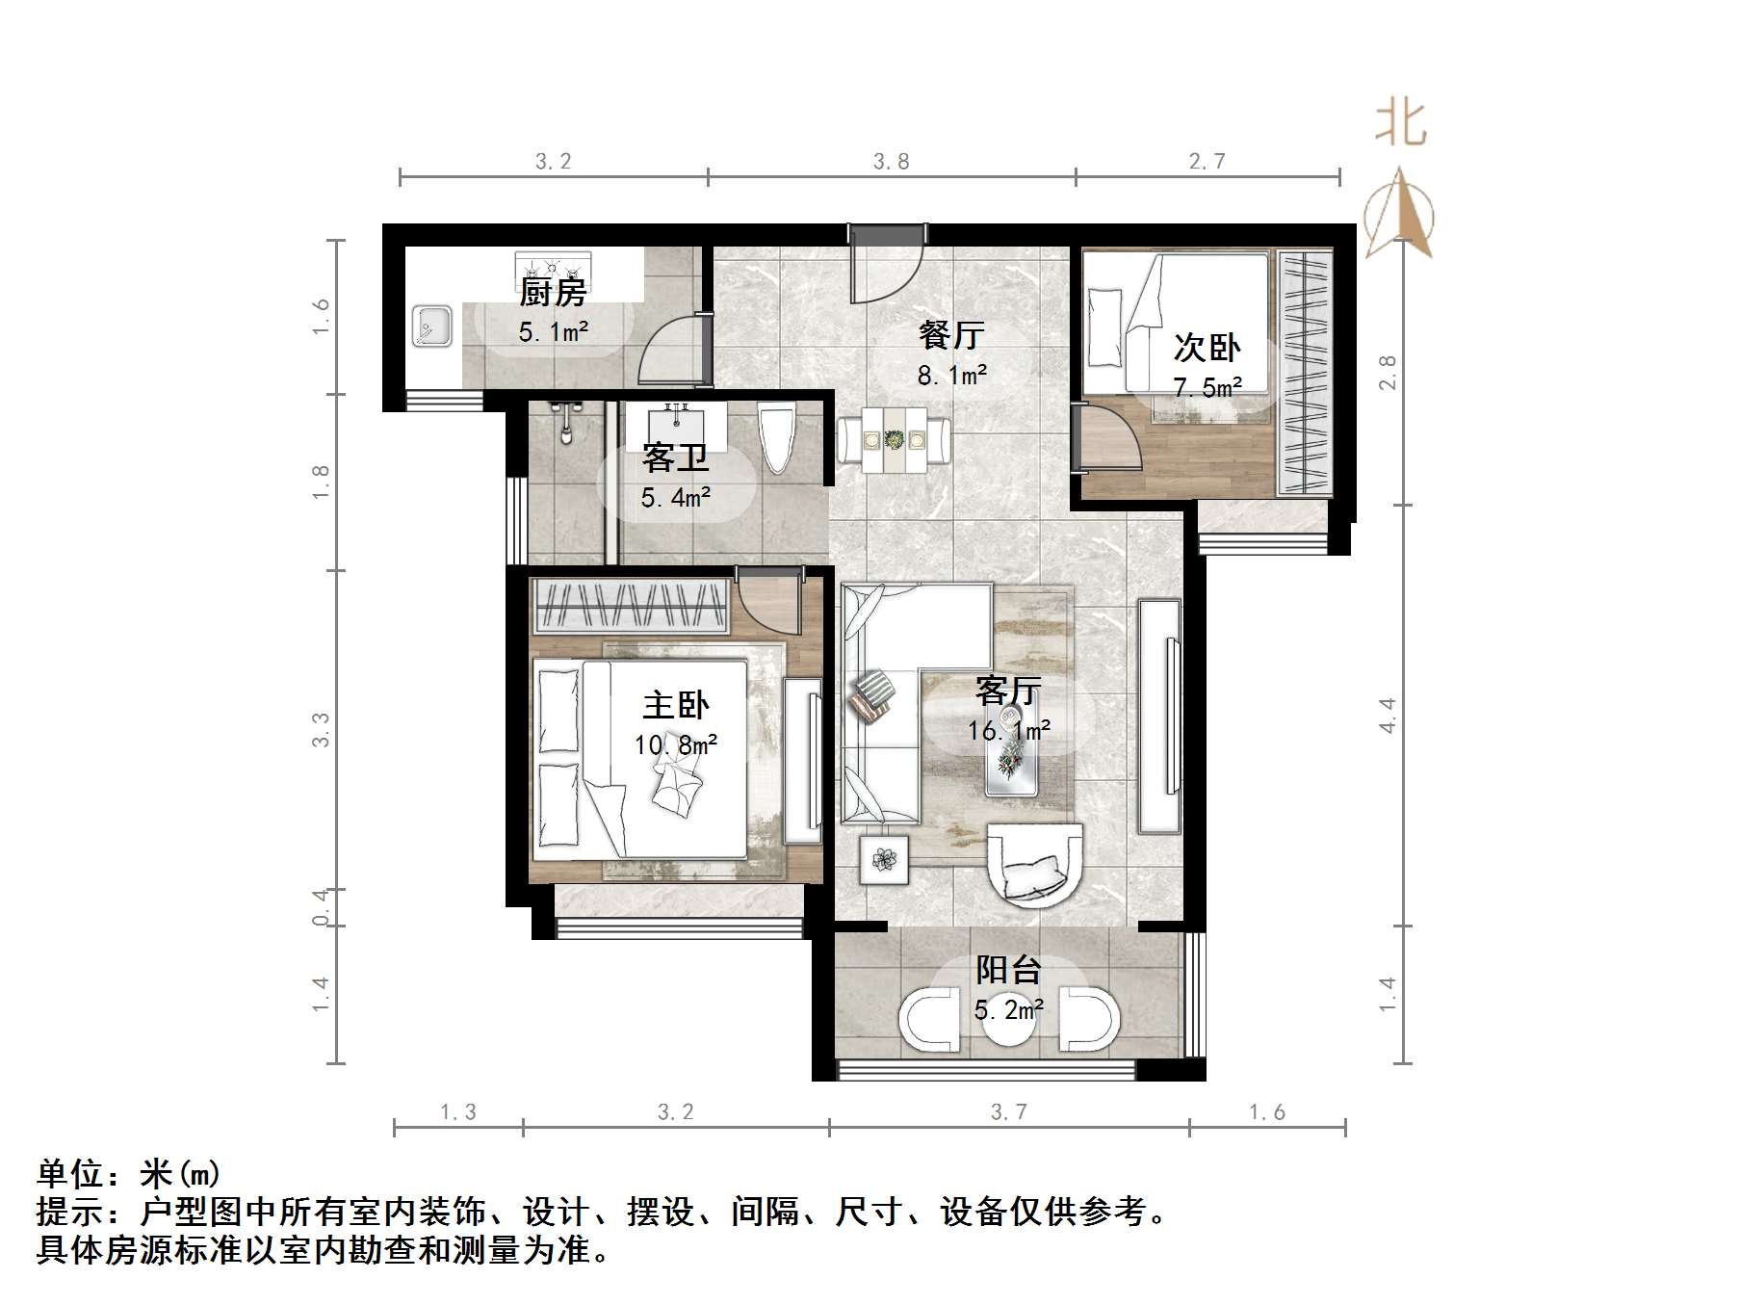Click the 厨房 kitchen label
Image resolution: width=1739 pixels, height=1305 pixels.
tap(553, 292)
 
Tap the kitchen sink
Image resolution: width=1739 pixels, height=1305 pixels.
tap(432, 326)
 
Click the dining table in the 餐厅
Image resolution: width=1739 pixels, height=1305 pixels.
tap(894, 440)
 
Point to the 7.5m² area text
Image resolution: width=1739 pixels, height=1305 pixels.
tap(1207, 387)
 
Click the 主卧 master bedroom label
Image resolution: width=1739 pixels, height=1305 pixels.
tap(676, 705)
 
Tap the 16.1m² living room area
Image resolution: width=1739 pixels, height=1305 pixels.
tap(1009, 731)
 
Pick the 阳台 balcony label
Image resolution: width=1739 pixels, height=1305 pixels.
tap(1008, 969)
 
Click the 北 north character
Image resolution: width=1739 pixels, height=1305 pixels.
tap(1400, 126)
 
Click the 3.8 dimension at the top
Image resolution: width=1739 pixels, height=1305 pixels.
tap(891, 162)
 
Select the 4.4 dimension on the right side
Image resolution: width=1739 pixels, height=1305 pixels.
tap(1387, 716)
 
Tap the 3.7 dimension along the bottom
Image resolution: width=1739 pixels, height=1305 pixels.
tap(1008, 1112)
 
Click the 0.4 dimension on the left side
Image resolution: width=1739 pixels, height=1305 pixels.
tap(322, 907)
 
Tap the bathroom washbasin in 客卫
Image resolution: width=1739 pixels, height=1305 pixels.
tap(675, 421)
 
